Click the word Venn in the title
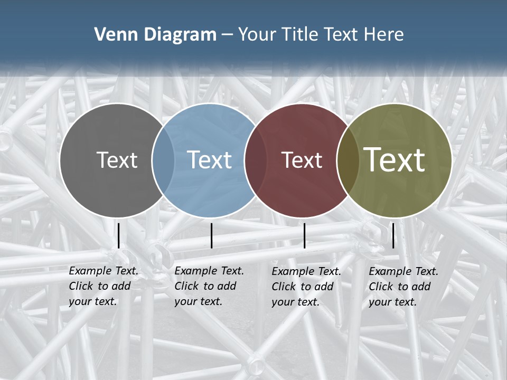pos(112,35)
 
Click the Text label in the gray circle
pos(117,160)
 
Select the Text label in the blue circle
pos(209,160)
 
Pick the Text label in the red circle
pos(302,160)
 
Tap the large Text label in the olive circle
pos(395,160)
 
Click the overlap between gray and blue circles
pos(163,160)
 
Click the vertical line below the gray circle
pos(119,235)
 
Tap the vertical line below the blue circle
pos(211,235)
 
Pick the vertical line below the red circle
pos(304,235)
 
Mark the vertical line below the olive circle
pos(393,235)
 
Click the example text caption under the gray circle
pos(103,286)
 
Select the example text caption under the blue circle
pos(209,286)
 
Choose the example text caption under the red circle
pos(306,287)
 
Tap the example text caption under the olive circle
pos(403,287)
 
